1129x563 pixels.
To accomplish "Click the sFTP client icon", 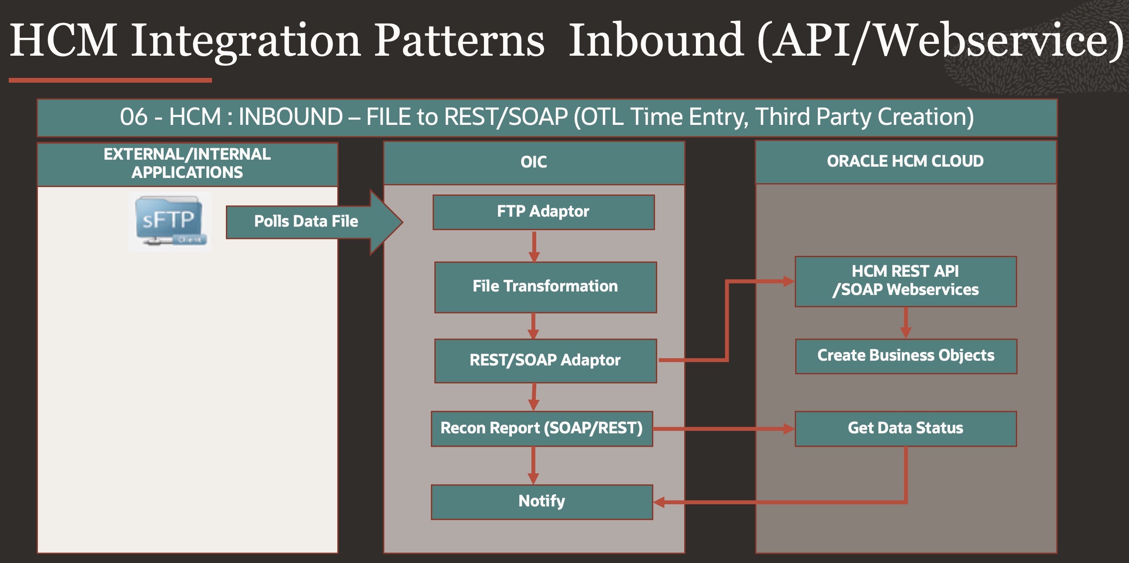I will click(170, 221).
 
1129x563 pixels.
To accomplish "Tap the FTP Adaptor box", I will click(544, 212).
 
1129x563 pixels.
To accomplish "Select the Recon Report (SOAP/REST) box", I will click(542, 429).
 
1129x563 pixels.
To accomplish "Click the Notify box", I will click(542, 502).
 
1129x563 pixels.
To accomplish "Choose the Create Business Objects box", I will click(906, 356).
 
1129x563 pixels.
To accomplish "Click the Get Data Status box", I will click(905, 429).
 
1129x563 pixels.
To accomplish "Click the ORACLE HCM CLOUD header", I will click(905, 162).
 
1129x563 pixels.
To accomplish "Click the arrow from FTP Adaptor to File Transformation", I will click(534, 246).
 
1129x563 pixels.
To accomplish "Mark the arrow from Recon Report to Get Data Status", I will click(723, 429).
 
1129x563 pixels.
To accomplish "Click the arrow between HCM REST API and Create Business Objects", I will click(906, 322).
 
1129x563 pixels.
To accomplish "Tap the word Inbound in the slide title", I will click(655, 40).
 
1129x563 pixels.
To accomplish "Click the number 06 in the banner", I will click(134, 117).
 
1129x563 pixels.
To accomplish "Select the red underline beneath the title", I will click(110, 80).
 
